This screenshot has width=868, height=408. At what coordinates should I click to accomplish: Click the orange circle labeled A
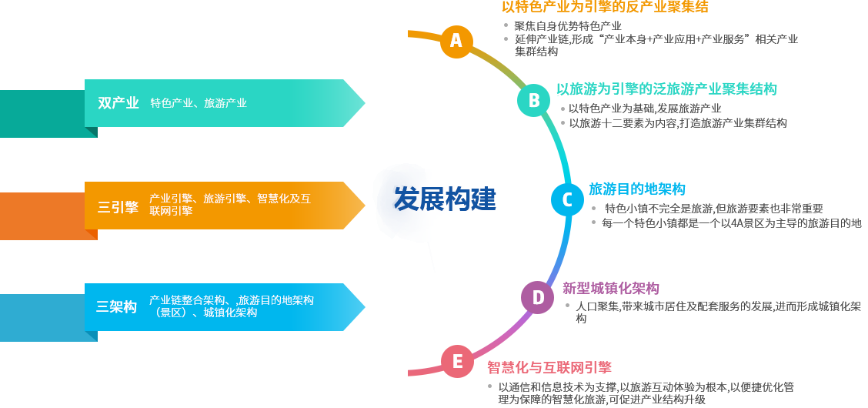[456, 40]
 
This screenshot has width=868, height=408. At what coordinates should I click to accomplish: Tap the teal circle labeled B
[534, 101]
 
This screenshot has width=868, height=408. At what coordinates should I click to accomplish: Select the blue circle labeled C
[567, 199]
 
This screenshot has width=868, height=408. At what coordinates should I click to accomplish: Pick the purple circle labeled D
[538, 297]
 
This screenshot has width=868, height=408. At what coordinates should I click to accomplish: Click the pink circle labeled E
[457, 361]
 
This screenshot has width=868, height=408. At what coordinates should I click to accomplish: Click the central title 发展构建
[445, 199]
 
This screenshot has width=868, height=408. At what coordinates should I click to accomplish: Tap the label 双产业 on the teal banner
[119, 103]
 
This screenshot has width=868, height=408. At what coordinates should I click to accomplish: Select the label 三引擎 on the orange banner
[118, 206]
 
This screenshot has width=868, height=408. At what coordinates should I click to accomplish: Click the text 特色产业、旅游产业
[199, 103]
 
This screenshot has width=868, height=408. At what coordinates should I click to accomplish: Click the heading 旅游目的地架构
[636, 189]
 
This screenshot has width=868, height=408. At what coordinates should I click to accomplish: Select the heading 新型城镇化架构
[611, 289]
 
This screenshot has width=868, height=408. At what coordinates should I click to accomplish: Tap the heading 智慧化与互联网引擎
[549, 366]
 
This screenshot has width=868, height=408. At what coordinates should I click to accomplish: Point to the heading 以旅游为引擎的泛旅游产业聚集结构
[666, 89]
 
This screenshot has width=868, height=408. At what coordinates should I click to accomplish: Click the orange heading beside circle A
[605, 7]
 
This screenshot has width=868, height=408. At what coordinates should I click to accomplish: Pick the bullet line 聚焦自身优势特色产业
[567, 26]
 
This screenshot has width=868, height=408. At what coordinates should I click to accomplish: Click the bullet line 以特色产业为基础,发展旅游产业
[645, 109]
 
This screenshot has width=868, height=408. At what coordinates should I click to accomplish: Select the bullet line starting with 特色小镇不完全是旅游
[713, 209]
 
